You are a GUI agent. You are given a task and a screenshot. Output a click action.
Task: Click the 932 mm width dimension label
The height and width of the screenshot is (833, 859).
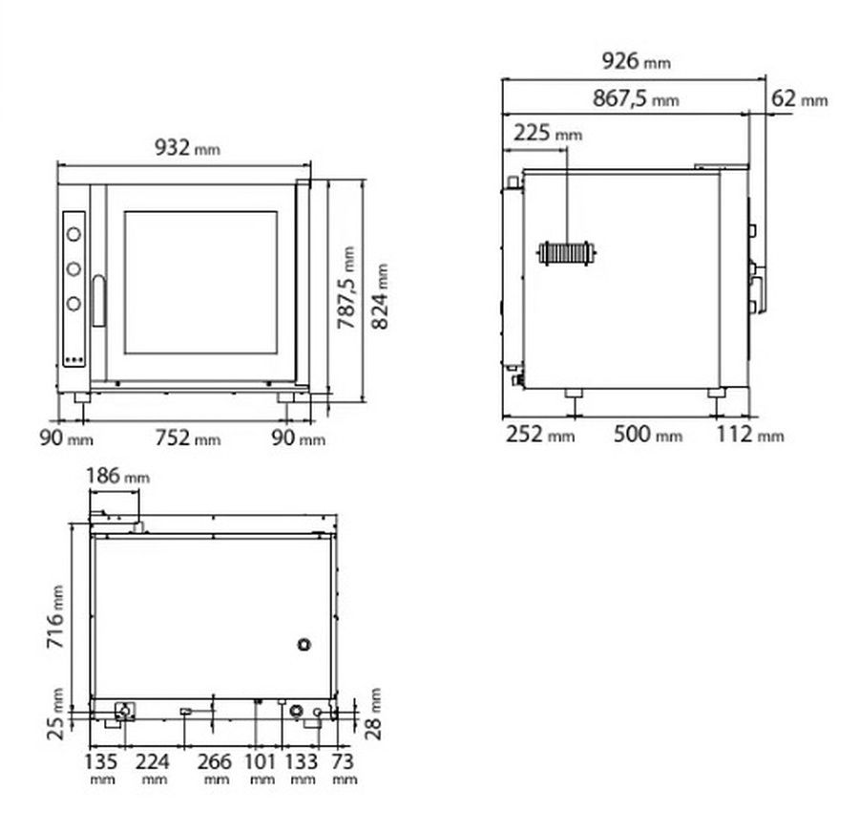click(x=187, y=147)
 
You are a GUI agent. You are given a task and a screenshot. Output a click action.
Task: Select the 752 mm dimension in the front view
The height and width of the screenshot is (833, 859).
click(x=187, y=438)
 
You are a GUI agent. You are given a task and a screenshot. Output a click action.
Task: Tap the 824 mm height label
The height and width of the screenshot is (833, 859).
click(x=380, y=296)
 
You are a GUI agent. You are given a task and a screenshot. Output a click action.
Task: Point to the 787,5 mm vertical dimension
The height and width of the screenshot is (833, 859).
click(x=346, y=288)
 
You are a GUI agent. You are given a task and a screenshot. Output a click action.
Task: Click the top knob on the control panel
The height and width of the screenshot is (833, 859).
click(x=73, y=234)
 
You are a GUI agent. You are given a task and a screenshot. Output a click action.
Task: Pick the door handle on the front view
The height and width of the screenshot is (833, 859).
click(x=98, y=301)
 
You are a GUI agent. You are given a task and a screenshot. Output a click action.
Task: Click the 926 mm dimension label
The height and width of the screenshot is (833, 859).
click(x=636, y=61)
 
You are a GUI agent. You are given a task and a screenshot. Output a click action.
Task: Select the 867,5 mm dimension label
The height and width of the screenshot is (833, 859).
click(x=636, y=98)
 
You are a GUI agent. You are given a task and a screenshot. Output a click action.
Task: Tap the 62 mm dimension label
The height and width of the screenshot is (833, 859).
click(x=799, y=98)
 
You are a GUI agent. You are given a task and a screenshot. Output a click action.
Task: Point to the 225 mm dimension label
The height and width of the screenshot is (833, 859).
click(x=548, y=133)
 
